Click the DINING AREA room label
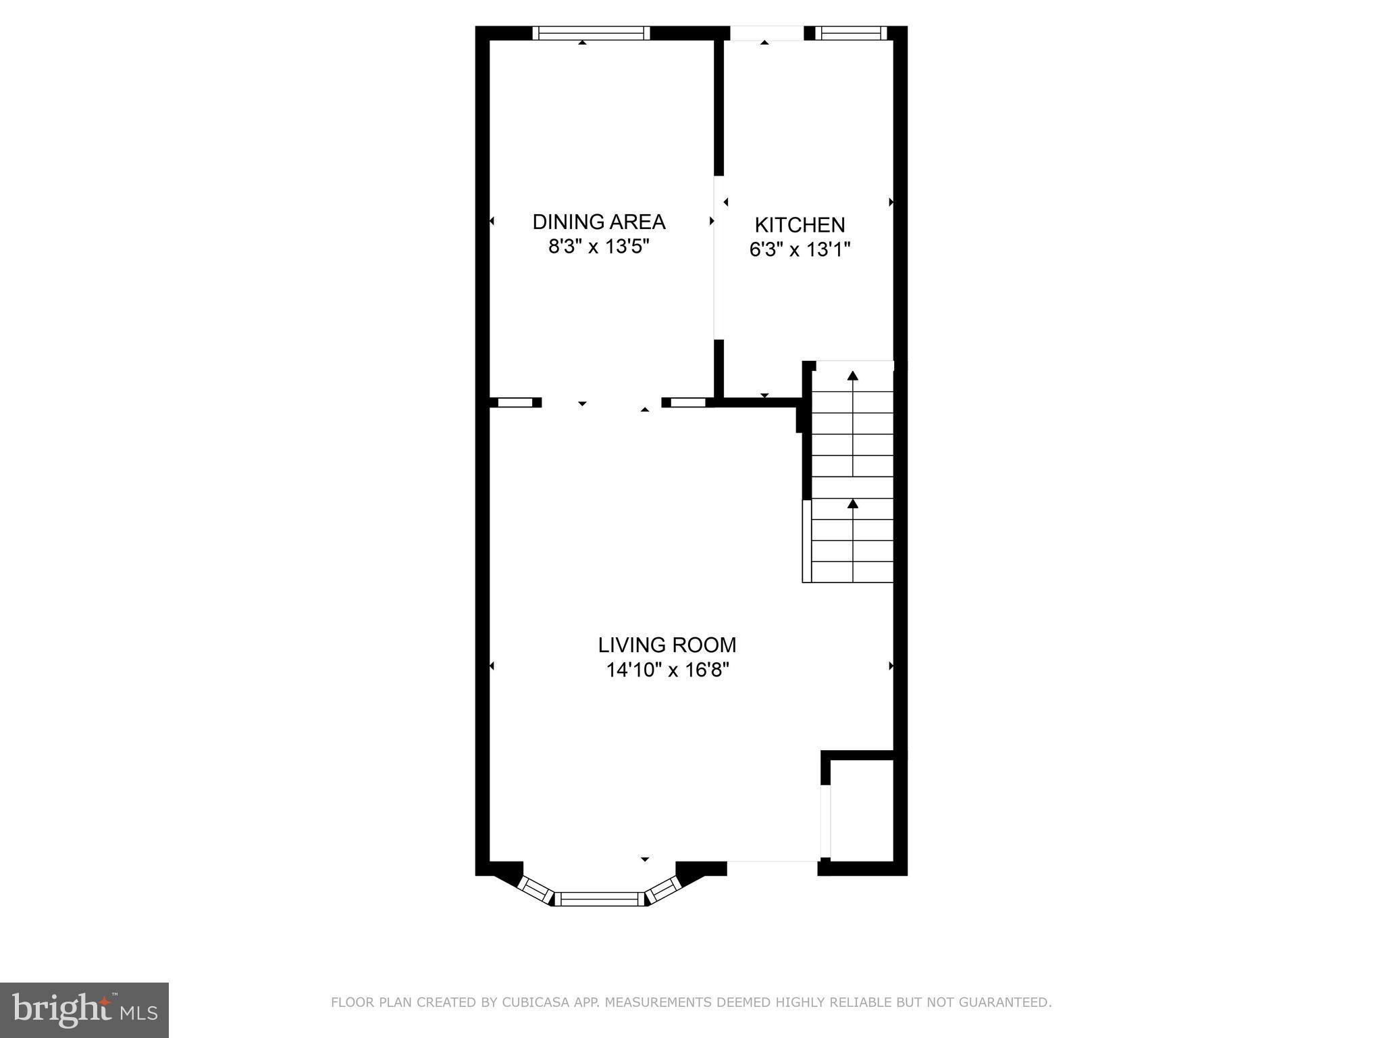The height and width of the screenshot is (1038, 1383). (598, 222)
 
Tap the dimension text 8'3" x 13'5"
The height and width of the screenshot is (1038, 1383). (598, 247)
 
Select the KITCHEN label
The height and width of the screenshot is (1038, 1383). (800, 224)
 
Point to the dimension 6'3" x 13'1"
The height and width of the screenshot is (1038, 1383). (800, 250)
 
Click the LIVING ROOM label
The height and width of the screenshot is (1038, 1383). (667, 645)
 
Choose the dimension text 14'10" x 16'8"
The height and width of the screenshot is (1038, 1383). (667, 670)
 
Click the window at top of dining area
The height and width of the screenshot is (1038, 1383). (591, 33)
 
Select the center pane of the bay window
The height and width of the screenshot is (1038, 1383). (600, 898)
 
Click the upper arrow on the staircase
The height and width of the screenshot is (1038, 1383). (853, 376)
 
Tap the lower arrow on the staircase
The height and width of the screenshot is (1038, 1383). (853, 503)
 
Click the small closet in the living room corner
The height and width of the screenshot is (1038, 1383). (862, 809)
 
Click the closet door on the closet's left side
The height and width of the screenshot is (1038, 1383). (825, 821)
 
